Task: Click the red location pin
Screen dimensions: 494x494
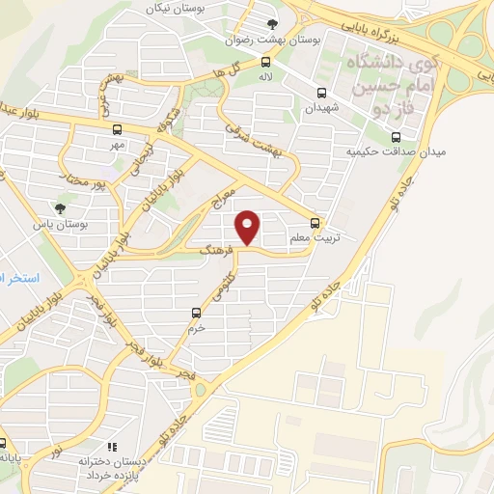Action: point(248,228)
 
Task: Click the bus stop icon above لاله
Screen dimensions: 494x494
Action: point(264,59)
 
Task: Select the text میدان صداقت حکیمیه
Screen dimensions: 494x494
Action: point(387,152)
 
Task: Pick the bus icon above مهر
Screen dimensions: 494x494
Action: point(117,128)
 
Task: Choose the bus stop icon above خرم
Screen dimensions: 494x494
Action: point(196,312)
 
